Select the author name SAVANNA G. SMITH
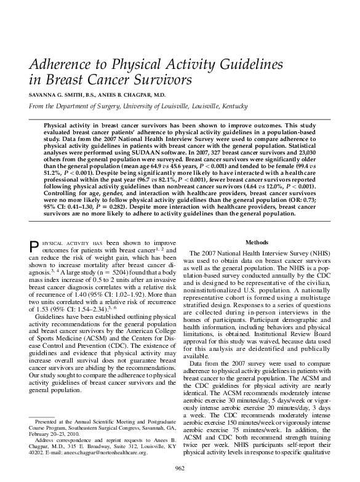tap(62, 95)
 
